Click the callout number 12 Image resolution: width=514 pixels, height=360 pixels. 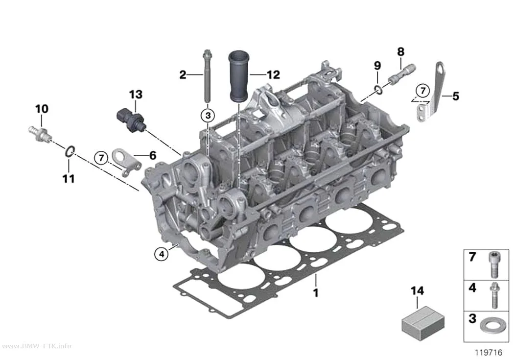click(x=273, y=75)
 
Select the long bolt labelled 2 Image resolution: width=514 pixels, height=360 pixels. click(x=207, y=76)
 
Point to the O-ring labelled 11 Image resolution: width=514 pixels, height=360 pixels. click(x=69, y=151)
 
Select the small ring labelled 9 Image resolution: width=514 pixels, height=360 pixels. click(x=378, y=89)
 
